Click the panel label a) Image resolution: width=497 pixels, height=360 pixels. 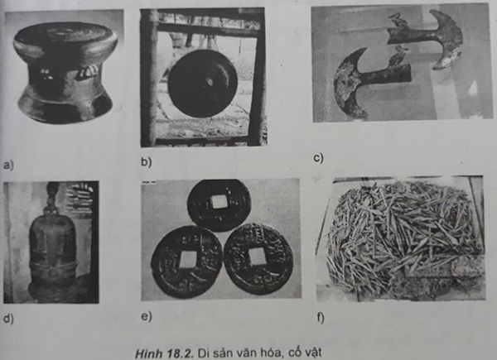click(x=8, y=166)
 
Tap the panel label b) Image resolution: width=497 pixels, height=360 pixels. click(x=147, y=162)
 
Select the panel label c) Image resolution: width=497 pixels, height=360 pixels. click(x=319, y=157)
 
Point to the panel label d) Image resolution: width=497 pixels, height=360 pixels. click(x=8, y=318)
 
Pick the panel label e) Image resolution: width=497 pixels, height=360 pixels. click(x=147, y=316)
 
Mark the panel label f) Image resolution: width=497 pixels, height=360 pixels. click(x=321, y=318)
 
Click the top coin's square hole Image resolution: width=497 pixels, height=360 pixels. click(x=219, y=202)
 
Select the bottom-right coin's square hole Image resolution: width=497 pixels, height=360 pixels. click(x=258, y=257)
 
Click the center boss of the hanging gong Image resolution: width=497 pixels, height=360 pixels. click(x=208, y=82)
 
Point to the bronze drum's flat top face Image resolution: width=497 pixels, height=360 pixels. click(x=65, y=34)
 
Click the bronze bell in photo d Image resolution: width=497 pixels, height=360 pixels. click(x=52, y=250)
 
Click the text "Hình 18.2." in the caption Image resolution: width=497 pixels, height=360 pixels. click(x=164, y=353)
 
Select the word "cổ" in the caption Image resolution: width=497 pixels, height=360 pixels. click(x=289, y=353)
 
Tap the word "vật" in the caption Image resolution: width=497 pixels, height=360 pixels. click(x=311, y=353)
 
